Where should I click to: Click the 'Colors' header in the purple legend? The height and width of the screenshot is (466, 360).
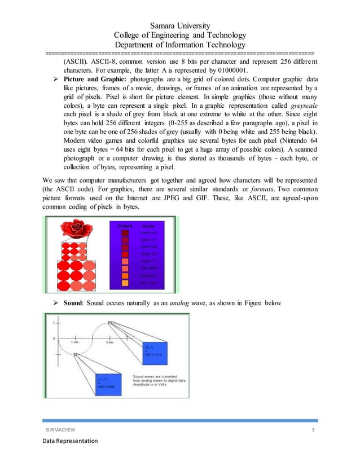(125, 226)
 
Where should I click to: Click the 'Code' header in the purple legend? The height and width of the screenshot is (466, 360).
(148, 226)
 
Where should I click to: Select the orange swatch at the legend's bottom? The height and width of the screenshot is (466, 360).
(125, 283)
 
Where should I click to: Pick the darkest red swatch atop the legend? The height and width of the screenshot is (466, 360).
(125, 232)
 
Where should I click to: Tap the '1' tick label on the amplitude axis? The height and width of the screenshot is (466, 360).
(54, 323)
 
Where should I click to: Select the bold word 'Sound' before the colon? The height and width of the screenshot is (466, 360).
(75, 304)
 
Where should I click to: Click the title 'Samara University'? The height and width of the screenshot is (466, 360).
(180, 25)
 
